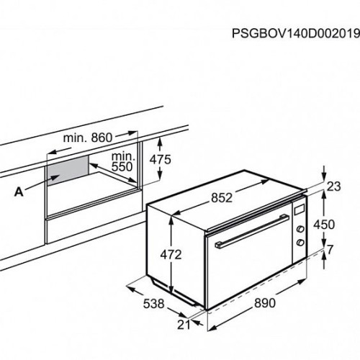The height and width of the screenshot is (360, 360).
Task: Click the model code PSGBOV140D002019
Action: [296, 34]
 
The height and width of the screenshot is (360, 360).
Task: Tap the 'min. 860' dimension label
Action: [88, 138]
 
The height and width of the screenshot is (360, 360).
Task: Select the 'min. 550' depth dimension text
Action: [123, 161]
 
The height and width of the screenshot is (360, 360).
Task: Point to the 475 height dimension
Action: [161, 159]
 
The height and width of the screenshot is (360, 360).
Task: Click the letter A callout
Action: [19, 192]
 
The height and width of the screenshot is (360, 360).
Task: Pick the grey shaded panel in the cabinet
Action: [68, 170]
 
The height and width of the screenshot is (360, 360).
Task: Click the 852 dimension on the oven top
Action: [222, 198]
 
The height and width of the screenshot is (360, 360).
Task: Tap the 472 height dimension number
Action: [171, 255]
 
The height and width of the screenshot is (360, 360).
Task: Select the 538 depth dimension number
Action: [153, 304]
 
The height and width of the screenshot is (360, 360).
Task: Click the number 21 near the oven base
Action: [184, 325]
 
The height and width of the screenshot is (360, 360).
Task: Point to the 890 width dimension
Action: [265, 303]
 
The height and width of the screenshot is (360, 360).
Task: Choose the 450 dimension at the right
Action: [324, 225]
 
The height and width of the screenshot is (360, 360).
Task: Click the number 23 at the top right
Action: [334, 186]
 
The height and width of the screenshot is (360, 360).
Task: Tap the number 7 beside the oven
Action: [330, 250]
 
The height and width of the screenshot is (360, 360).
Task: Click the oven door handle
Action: [252, 231]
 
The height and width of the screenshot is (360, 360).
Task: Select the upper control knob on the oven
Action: [300, 229]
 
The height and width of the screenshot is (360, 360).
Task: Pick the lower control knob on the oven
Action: [300, 243]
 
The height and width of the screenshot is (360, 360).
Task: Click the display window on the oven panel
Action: [300, 210]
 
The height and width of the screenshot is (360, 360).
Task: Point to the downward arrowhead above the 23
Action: [324, 176]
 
